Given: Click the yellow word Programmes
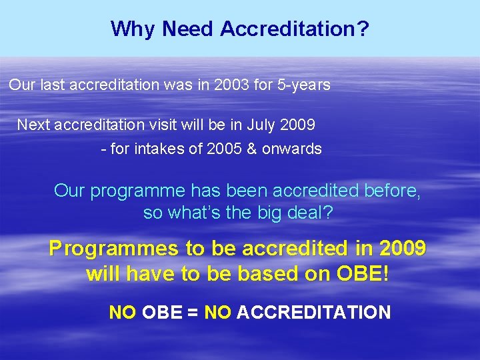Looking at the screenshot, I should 114,249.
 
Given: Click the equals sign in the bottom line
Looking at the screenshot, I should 193,312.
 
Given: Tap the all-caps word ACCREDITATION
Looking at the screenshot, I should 313,312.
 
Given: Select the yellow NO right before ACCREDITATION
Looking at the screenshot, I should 218,312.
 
